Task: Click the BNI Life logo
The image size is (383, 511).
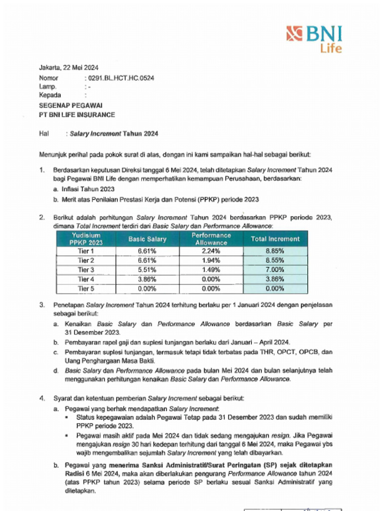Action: click(314, 39)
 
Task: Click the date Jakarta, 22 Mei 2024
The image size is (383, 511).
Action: click(69, 68)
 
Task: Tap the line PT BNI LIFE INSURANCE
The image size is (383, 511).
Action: click(77, 114)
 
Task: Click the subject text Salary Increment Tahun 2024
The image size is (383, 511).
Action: click(114, 133)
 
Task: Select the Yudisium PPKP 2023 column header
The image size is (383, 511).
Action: click(86, 239)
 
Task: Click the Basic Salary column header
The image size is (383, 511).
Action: click(147, 239)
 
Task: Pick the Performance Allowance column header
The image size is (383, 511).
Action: click(211, 239)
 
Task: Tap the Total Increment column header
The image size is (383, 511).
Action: click(275, 239)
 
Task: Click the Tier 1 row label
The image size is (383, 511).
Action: click(86, 251)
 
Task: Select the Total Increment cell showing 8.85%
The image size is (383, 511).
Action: click(275, 251)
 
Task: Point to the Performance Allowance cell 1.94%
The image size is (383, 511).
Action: click(211, 260)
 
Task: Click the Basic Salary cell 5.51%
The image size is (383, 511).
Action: click(147, 270)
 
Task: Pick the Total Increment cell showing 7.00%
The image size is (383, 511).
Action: click(275, 270)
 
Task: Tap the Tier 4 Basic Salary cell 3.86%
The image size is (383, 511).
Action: click(147, 279)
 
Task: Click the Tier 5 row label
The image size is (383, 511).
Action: click(86, 288)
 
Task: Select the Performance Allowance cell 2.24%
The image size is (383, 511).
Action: click(211, 251)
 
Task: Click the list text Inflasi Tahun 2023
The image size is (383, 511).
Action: click(87, 189)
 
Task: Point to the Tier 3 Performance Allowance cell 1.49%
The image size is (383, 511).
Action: click(211, 270)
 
